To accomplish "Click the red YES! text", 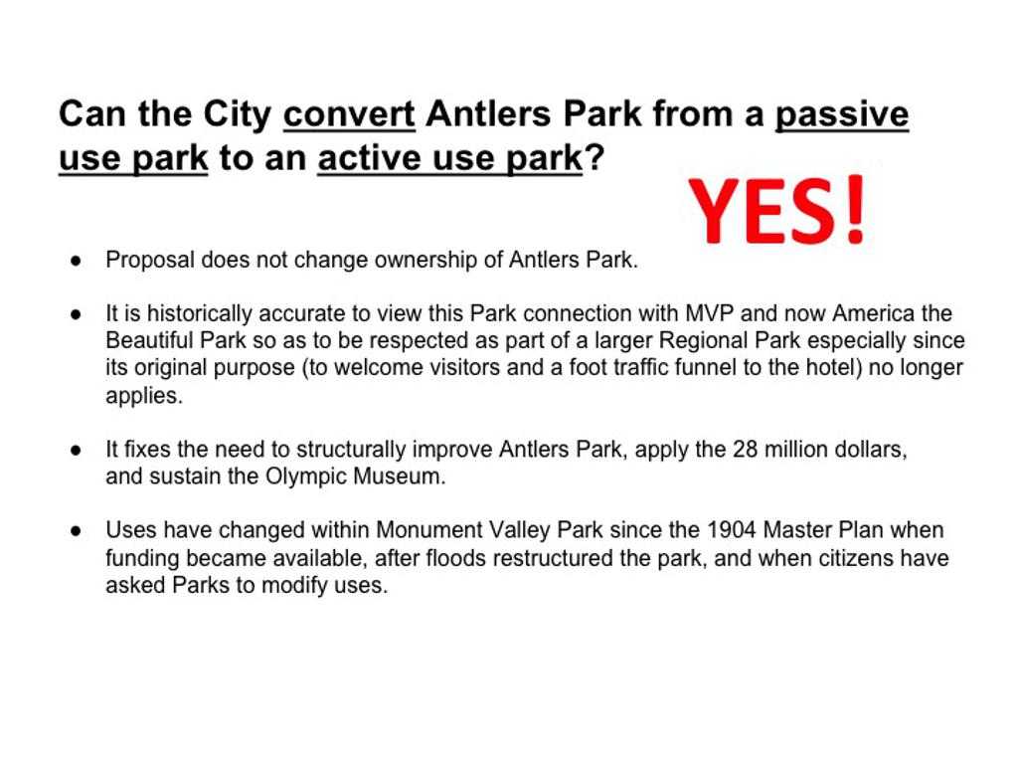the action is [x=776, y=211].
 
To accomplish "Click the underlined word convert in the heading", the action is [x=349, y=114].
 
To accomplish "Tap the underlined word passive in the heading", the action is [x=842, y=115].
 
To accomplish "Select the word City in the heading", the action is [x=238, y=115].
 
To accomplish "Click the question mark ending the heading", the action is [x=594, y=158].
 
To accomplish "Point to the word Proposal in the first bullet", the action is [x=150, y=260].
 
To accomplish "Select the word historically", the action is [x=199, y=313].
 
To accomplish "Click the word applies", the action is [x=144, y=396].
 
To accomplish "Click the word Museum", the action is [x=400, y=477].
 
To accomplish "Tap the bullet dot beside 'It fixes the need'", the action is [x=77, y=450].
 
